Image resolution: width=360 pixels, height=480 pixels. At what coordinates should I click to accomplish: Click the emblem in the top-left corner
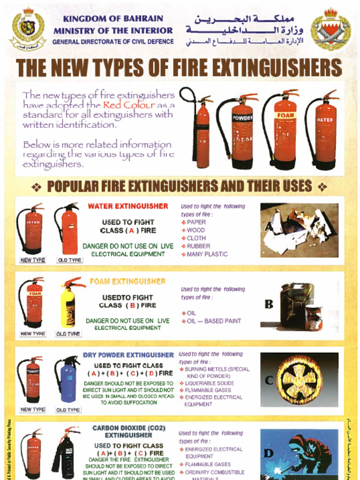(x=28, y=28)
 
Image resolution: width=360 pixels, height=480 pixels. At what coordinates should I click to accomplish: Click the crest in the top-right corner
(x=330, y=29)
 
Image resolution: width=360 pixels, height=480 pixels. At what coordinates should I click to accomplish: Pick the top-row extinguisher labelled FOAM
(x=284, y=129)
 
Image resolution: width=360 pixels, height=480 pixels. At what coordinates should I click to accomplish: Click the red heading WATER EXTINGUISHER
(x=127, y=206)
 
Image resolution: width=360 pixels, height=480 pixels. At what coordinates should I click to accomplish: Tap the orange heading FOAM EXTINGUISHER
(x=127, y=281)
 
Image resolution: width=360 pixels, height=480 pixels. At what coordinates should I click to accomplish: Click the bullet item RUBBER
(x=198, y=246)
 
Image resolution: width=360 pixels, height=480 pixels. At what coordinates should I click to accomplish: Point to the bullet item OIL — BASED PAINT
(x=213, y=321)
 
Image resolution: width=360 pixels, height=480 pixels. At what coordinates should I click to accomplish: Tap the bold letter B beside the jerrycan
(x=269, y=305)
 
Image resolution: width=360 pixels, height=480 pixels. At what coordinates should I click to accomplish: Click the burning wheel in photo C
(x=300, y=380)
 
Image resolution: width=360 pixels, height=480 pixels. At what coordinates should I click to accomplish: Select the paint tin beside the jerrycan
(x=313, y=317)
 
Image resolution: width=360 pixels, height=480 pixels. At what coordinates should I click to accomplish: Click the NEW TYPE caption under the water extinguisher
(x=32, y=260)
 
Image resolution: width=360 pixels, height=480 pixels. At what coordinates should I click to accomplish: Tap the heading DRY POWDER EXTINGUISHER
(x=128, y=355)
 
